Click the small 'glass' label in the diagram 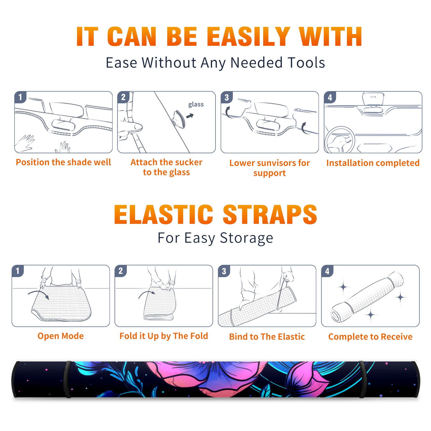tap(196, 105)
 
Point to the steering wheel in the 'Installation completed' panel tap(340, 140)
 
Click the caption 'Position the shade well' tap(63, 162)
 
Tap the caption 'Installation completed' tap(373, 163)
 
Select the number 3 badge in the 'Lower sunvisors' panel tap(227, 98)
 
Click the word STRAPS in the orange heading tap(270, 214)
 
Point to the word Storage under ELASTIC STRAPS tap(246, 238)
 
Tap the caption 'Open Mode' tap(61, 336)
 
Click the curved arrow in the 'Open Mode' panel tap(39, 293)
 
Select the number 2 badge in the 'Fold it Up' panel tap(121, 271)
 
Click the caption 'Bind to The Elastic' tap(267, 337)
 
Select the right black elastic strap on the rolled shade tap(363, 380)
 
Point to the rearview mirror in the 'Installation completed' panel tap(373, 99)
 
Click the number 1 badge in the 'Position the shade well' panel tap(20, 97)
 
